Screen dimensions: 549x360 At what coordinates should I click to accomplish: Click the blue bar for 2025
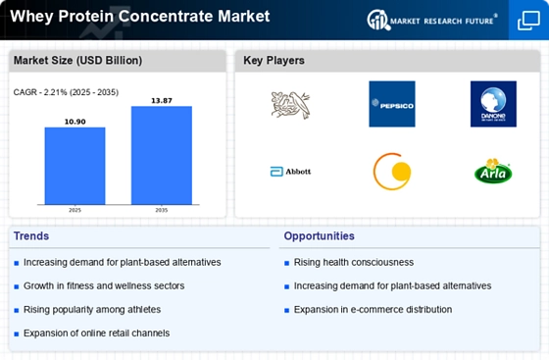point(75,166)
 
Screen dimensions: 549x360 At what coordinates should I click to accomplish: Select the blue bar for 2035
point(162,155)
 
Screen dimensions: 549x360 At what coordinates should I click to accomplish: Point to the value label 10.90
point(75,122)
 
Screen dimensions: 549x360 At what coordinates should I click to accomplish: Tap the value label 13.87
point(162,100)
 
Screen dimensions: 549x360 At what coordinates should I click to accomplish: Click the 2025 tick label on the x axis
point(75,210)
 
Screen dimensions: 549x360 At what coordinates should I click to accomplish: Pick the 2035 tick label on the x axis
point(162,210)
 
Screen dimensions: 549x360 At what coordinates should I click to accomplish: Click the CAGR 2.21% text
point(66,92)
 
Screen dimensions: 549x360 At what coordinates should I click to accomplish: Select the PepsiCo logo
point(392,104)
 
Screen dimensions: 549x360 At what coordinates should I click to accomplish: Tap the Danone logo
point(493,104)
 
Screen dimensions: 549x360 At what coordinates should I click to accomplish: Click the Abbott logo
point(290,172)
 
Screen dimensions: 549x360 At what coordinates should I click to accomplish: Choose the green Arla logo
point(493,171)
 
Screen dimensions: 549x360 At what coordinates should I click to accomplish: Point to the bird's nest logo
point(290,105)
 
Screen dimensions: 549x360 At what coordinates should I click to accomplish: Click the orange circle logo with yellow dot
point(392,172)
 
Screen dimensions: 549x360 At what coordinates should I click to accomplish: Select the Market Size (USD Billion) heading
point(77,60)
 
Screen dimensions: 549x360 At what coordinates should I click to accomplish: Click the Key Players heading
point(274,60)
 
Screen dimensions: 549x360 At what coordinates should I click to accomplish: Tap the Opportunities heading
point(319,236)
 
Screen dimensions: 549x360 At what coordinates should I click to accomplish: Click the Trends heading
point(31,236)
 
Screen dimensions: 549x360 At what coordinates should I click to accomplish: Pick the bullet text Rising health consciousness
point(354,262)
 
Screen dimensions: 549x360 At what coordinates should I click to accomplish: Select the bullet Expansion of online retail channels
point(97,334)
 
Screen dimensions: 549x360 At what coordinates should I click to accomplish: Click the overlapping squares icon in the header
point(528,21)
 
